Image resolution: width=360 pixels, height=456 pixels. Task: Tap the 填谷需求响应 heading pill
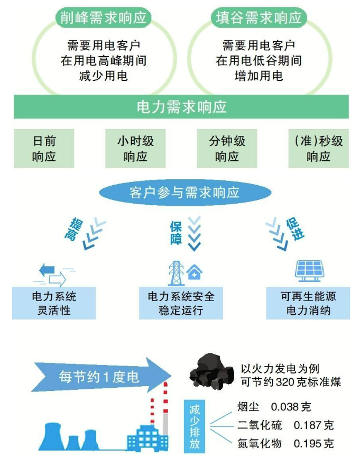pos(259,18)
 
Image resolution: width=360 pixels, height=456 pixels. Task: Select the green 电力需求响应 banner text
pos(181,107)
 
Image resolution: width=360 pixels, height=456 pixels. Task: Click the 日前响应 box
pos(44,149)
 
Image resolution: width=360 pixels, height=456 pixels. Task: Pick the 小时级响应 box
pos(135,149)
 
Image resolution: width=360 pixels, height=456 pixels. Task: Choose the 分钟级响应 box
pos(227,149)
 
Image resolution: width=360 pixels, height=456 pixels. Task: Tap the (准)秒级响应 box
pos(318,149)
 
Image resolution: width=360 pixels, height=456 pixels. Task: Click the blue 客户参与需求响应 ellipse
pos(185,193)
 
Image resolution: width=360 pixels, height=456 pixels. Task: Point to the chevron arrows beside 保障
pos(195,233)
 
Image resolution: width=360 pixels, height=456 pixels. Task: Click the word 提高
pos(73,229)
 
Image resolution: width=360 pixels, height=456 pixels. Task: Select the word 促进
pos(295,229)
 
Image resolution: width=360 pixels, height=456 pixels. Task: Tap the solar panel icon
pos(309,271)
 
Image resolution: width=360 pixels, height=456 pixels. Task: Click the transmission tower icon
pos(176,273)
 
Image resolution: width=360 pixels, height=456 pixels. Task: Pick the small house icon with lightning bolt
pos(195,272)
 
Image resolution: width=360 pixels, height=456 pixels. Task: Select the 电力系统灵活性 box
pos(54,303)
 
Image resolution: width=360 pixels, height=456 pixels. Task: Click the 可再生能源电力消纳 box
pos(308,303)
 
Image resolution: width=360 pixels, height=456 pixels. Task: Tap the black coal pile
pos(211,371)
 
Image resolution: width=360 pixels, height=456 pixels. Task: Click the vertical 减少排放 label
pos(195,426)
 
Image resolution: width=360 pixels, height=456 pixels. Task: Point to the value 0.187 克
pos(313,425)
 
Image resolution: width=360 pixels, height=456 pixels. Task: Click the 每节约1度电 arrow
pos(101,377)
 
